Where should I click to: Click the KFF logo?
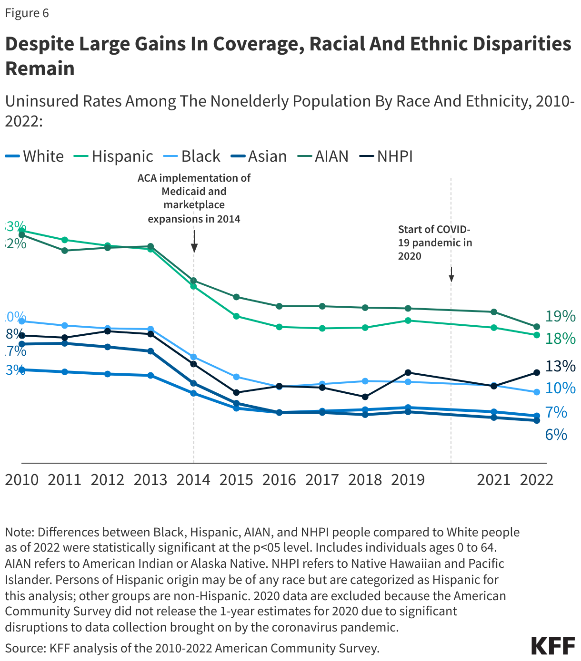(x=553, y=646)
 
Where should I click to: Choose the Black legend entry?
(x=200, y=156)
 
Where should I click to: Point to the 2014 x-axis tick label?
(x=193, y=479)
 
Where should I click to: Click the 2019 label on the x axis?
(x=408, y=479)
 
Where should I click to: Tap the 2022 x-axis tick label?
(x=537, y=479)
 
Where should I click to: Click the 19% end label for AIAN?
(x=561, y=316)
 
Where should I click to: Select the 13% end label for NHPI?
(x=561, y=366)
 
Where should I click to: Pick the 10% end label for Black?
(x=561, y=388)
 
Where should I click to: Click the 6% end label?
(x=556, y=434)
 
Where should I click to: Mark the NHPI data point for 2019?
(x=408, y=372)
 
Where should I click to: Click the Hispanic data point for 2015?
(x=236, y=316)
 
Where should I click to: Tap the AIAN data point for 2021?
(x=494, y=312)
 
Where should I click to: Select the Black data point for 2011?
(x=65, y=325)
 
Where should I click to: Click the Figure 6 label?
(x=27, y=13)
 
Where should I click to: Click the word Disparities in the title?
(x=522, y=44)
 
